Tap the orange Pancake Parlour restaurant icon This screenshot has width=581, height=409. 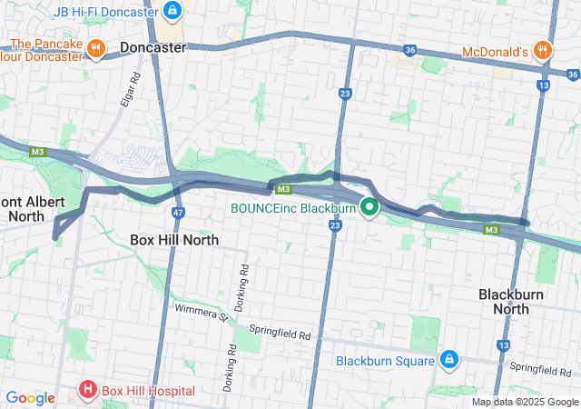coord(95,46)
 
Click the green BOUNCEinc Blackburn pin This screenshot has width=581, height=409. coord(369,207)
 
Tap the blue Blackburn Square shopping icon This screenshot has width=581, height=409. coord(448,360)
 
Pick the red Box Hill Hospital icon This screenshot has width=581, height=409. coord(88,391)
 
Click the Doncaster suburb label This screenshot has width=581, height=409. coord(153,46)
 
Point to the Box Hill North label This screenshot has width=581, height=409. coord(174,240)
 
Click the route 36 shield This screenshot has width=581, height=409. coord(409,50)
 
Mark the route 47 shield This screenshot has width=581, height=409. coord(178,211)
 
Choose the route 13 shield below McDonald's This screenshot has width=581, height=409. coord(543,85)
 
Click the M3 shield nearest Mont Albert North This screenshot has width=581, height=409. coord(37,152)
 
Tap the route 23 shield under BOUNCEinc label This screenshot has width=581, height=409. coord(335,224)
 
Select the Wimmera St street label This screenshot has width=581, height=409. coord(202,314)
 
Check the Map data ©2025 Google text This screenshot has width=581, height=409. coord(525,402)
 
